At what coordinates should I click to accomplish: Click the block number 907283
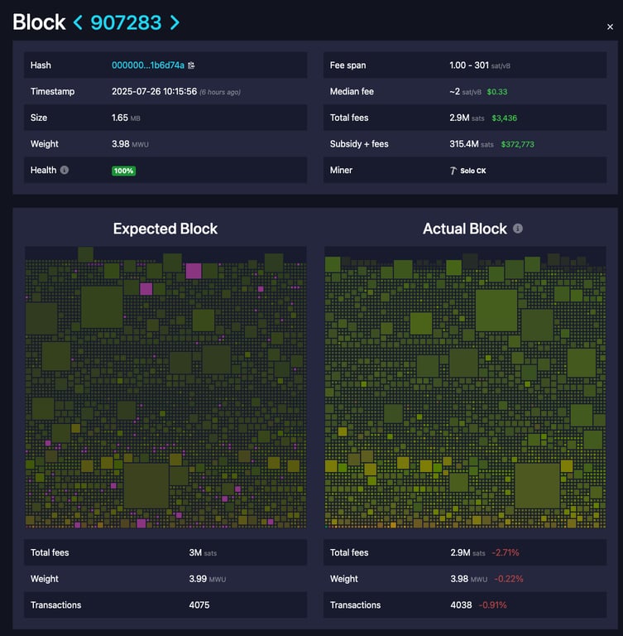click(x=126, y=22)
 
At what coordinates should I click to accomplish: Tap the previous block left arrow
click(x=78, y=22)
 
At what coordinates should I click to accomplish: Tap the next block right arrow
click(x=175, y=22)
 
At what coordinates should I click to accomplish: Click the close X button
click(x=610, y=27)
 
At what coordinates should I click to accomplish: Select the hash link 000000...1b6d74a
click(x=147, y=65)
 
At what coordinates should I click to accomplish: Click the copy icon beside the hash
click(x=192, y=65)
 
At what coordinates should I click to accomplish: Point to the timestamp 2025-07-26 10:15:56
click(x=154, y=92)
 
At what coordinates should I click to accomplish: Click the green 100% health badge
click(x=124, y=171)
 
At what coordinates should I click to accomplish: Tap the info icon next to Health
click(x=65, y=171)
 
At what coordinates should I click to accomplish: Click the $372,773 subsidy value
click(x=517, y=144)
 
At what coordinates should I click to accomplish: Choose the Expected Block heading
click(x=165, y=229)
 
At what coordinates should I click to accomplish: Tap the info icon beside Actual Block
click(x=518, y=229)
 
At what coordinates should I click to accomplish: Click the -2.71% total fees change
click(x=506, y=552)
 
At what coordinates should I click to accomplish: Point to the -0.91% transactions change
click(x=493, y=605)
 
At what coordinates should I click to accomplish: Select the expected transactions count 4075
click(x=199, y=605)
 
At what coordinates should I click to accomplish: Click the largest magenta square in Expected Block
click(x=194, y=271)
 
